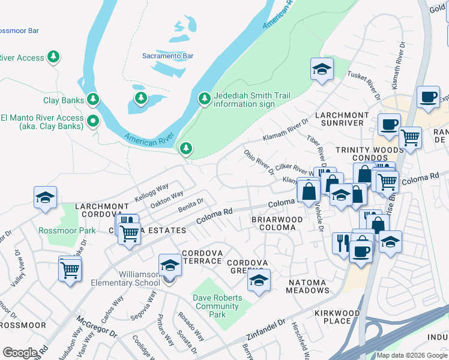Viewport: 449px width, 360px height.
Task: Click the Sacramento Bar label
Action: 167,56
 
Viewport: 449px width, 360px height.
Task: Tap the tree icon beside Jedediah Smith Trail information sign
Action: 204,98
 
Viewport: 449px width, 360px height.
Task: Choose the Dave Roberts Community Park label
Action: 218,306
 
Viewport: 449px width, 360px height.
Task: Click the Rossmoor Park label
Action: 76,230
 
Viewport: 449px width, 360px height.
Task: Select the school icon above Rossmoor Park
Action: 45,199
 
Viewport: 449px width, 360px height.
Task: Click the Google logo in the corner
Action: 20,353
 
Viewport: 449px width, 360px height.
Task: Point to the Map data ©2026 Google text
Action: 411,355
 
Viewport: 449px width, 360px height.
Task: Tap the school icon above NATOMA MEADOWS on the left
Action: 259,280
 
